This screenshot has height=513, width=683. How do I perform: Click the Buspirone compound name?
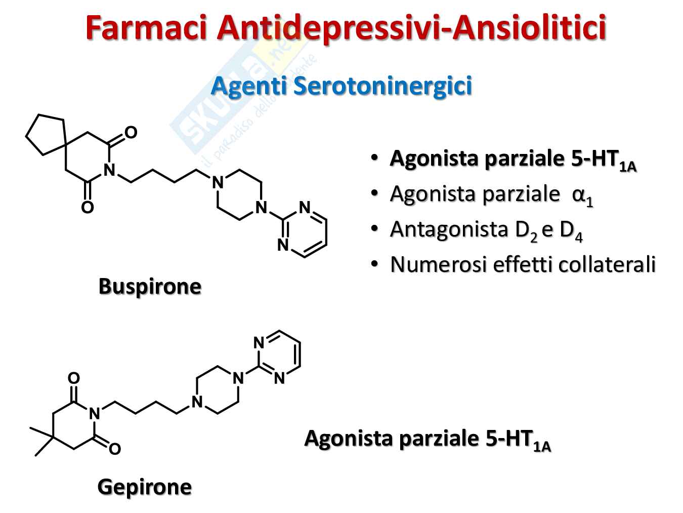pyautogui.click(x=150, y=286)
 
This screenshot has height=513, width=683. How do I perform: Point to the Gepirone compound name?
pyautogui.click(x=144, y=487)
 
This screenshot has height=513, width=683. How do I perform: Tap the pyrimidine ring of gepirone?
pyautogui.click(x=280, y=355)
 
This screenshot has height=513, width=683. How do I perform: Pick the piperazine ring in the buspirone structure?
pyautogui.click(x=239, y=195)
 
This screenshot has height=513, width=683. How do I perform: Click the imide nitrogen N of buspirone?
pyautogui.click(x=109, y=170)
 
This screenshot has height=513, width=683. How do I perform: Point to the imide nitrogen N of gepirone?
pyautogui.click(x=95, y=414)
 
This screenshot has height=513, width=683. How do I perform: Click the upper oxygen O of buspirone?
pyautogui.click(x=131, y=133)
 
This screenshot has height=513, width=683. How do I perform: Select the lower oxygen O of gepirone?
pyautogui.click(x=115, y=449)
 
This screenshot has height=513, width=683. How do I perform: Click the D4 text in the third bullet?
pyautogui.click(x=571, y=230)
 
